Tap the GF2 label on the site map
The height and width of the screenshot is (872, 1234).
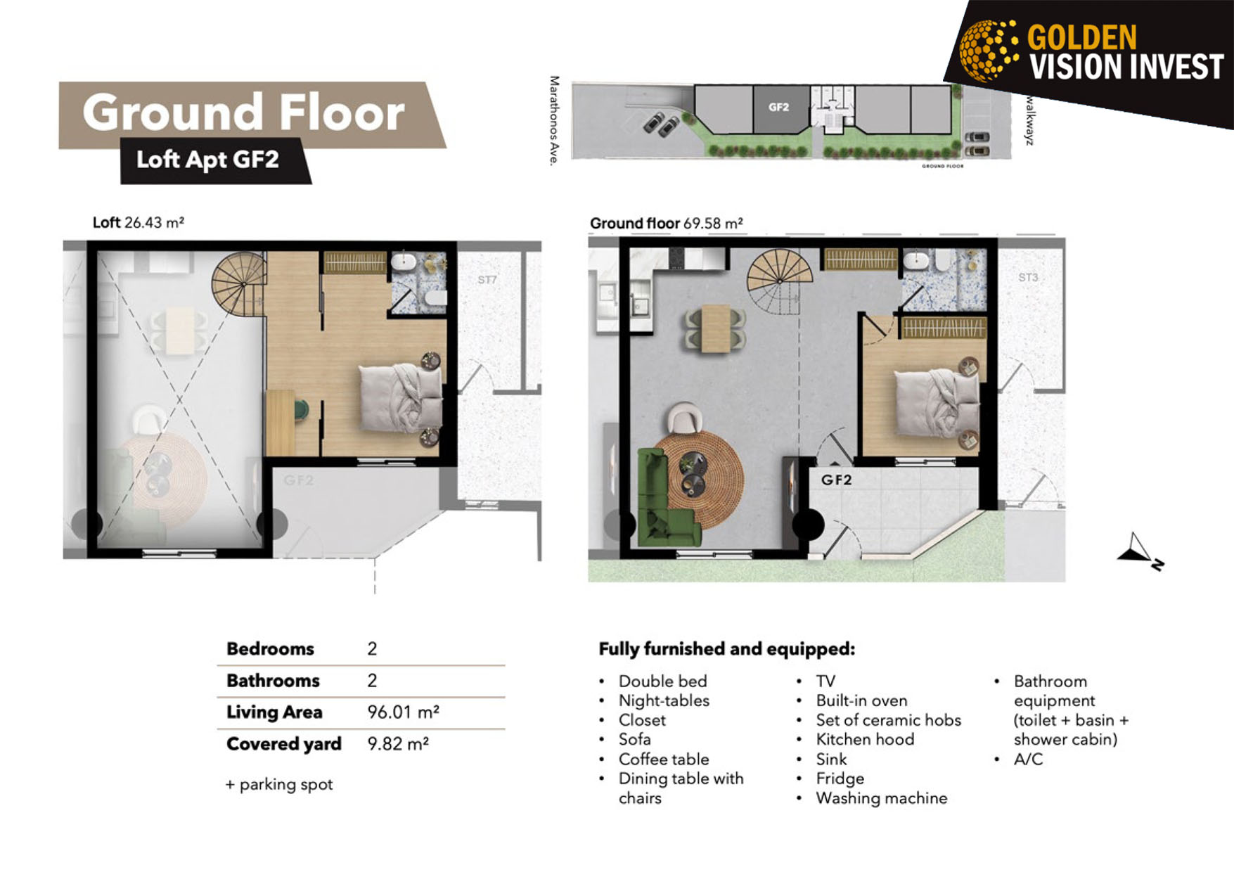[778, 107]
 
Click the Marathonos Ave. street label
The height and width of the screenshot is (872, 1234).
[555, 121]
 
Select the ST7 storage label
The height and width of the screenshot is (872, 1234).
[487, 280]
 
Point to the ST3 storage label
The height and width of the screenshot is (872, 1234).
[1028, 278]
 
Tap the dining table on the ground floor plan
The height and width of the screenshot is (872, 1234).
[716, 328]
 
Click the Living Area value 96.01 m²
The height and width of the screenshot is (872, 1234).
[403, 712]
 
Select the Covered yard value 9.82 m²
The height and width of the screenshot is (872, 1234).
[398, 744]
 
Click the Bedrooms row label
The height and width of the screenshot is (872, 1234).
[270, 649]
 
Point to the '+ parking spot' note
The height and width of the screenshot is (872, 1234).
[279, 784]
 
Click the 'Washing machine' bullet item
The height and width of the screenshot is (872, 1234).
[881, 798]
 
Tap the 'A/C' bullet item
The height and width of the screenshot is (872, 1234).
[1028, 759]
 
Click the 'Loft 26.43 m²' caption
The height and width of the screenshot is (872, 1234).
[139, 223]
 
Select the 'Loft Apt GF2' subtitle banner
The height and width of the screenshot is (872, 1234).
[215, 160]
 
